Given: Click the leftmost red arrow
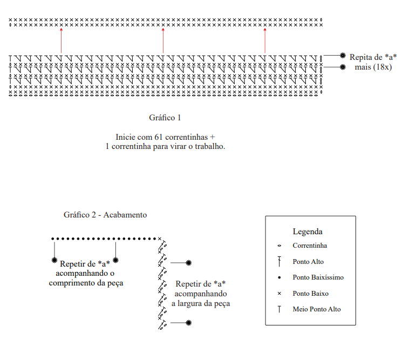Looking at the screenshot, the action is coord(61,40).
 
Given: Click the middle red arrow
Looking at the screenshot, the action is coord(163,40).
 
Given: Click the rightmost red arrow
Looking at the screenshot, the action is coord(265,40).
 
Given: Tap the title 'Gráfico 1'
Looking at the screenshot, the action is coord(165,118).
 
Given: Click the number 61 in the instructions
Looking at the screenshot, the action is coord(159,137).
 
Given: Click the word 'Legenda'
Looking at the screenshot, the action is coord(308,232).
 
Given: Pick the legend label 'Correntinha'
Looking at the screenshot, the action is coord(310,246).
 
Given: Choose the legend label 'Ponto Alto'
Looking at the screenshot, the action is coord(308,262).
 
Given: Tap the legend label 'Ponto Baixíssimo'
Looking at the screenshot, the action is coord(318,277).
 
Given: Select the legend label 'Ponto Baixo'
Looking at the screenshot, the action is coord(310,294).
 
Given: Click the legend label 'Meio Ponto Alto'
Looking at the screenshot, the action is coord(317,309).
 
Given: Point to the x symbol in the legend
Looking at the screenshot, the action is coord(279,294).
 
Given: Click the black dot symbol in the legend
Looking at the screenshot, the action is coord(279,277).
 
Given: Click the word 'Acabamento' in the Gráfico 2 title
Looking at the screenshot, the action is coord(125,215).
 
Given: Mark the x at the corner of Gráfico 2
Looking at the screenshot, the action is coord(160,239).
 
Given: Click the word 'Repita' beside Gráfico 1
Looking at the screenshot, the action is coord(359,57).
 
